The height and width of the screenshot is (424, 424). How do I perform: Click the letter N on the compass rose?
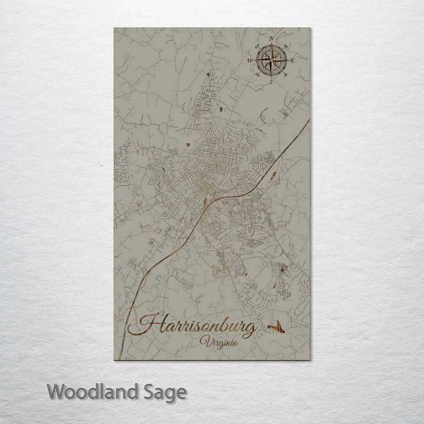[x=271, y=38]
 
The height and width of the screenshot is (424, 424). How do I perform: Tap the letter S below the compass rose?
[x=271, y=82]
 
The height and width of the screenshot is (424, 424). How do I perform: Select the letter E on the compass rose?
[x=292, y=61]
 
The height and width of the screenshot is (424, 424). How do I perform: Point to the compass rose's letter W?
[x=250, y=60]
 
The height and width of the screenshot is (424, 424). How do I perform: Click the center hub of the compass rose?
[x=271, y=60]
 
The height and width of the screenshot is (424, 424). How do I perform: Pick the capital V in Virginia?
[x=204, y=342]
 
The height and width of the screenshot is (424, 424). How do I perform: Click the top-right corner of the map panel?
[x=310, y=28]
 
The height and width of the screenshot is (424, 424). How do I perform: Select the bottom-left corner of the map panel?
[x=112, y=361]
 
